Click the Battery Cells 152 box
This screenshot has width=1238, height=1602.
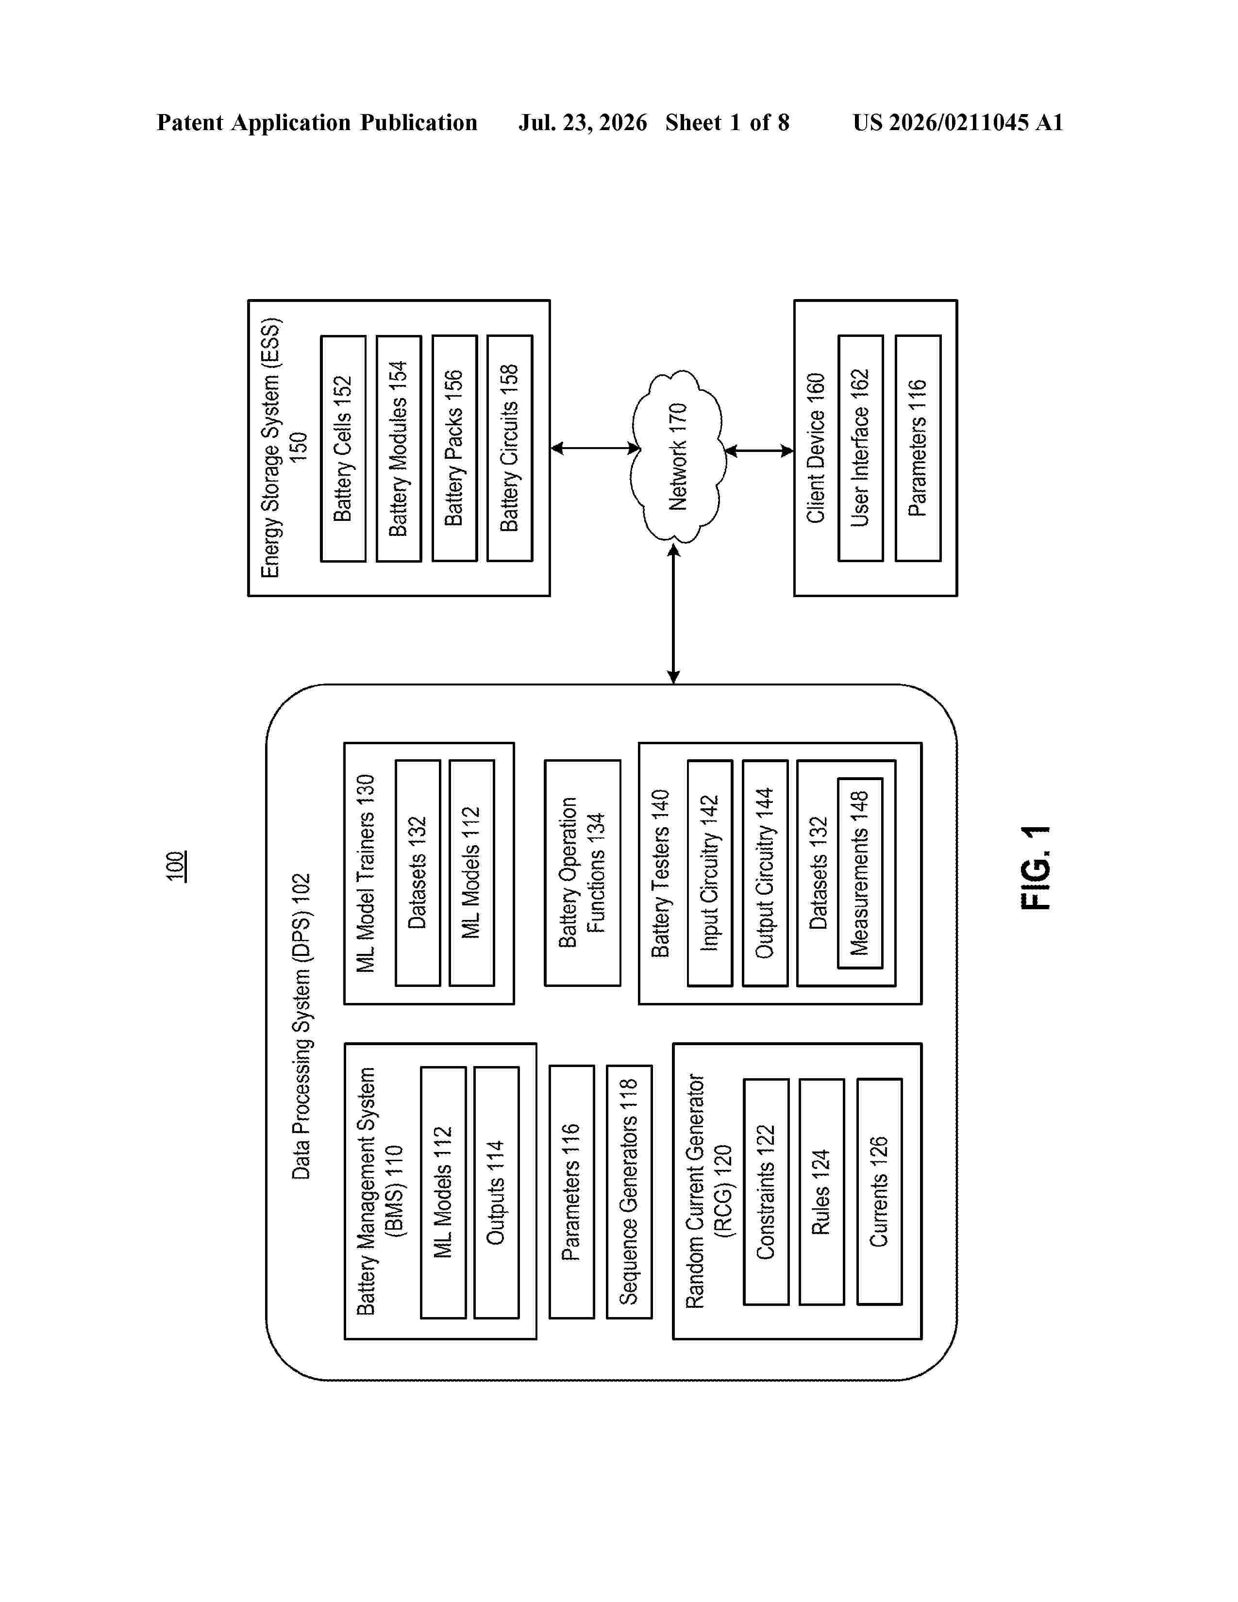point(343,449)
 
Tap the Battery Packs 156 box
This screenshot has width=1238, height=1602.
point(455,449)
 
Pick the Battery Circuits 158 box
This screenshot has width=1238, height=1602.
point(510,449)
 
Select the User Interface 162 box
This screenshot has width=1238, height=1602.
point(860,449)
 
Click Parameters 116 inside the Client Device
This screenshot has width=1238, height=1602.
point(918,449)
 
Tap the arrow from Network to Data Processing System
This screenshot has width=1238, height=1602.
point(673,613)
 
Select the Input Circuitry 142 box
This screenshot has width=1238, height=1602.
point(710,873)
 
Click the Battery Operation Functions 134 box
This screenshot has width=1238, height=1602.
point(582,873)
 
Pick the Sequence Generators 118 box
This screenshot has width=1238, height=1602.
point(629,1191)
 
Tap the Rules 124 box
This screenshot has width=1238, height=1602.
point(821,1191)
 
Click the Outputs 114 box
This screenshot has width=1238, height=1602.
point(497,1192)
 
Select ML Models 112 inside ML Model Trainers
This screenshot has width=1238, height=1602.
point(471,873)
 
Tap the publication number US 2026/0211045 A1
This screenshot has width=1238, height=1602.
point(958,122)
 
